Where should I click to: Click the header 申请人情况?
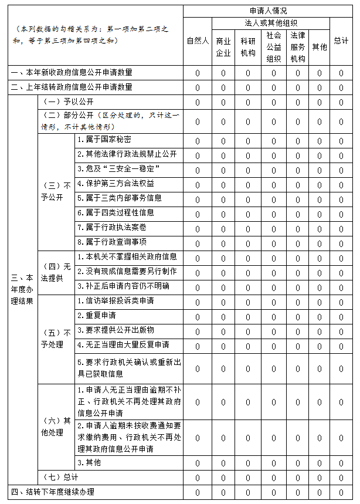(268, 11)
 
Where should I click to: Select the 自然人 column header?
(198, 41)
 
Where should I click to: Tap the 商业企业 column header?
(223, 47)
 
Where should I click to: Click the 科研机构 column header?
(248, 47)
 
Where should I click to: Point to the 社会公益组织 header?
(273, 47)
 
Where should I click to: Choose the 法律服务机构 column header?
(297, 47)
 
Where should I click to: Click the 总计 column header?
(341, 41)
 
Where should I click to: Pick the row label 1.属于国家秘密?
(104, 140)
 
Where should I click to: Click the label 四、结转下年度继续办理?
(52, 492)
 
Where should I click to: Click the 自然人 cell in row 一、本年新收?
(198, 73)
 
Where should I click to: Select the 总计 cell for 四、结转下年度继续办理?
(341, 492)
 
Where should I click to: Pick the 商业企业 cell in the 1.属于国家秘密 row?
(223, 141)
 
